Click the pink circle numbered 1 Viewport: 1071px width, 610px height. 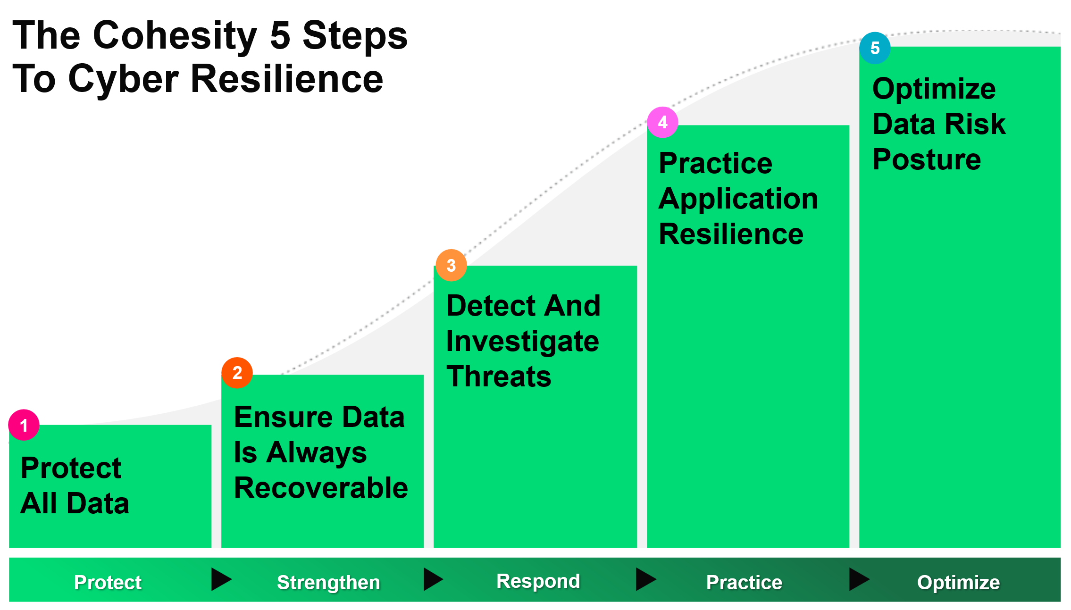tap(24, 425)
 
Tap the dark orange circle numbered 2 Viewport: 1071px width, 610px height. tap(237, 373)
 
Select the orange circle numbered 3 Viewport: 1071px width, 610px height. tap(451, 265)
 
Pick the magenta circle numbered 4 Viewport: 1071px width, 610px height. tap(662, 122)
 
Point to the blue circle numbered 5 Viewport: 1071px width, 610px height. tap(875, 48)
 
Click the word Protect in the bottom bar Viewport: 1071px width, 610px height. tap(108, 582)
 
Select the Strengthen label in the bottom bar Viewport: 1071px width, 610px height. tap(328, 582)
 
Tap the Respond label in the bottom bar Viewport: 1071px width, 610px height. tap(538, 581)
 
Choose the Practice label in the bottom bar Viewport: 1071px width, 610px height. tap(744, 582)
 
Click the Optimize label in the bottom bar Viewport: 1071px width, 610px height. tap(958, 582)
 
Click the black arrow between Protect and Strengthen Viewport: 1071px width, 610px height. tap(220, 579)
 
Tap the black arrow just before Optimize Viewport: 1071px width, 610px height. tap(858, 579)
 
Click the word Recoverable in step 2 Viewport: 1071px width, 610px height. tap(321, 487)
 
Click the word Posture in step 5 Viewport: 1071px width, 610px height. tap(927, 159)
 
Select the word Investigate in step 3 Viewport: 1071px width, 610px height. tap(522, 341)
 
